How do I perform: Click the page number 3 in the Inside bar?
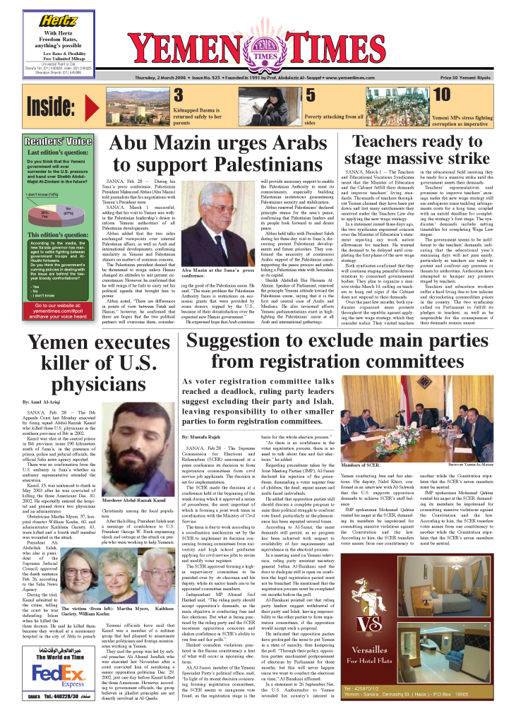(180, 96)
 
